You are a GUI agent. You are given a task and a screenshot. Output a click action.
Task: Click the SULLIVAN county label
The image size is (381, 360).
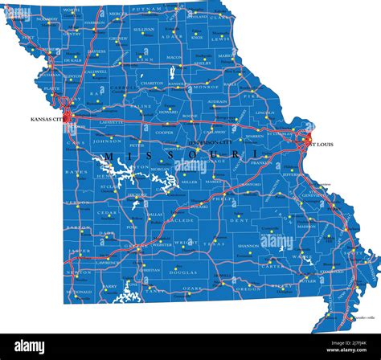tap(144, 29)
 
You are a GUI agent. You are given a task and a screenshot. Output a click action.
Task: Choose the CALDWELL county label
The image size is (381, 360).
tap(96, 71)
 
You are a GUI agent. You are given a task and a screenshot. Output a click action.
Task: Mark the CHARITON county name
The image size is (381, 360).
tap(152, 83)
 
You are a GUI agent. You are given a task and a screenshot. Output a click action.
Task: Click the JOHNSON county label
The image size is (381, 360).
tap(107, 140)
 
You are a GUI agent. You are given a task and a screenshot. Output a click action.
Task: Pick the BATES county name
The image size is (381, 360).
tap(77, 172)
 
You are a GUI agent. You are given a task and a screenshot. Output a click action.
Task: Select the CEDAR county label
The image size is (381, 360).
tap(107, 214)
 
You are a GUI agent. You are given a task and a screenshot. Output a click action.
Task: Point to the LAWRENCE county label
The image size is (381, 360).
tap(106, 262)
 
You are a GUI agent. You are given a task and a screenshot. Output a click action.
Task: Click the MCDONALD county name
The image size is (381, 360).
tap(80, 292)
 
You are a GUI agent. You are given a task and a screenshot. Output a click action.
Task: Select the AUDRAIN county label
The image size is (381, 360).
tap(217, 102)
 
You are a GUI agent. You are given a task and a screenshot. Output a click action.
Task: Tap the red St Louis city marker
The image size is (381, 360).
tap(307, 140)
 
